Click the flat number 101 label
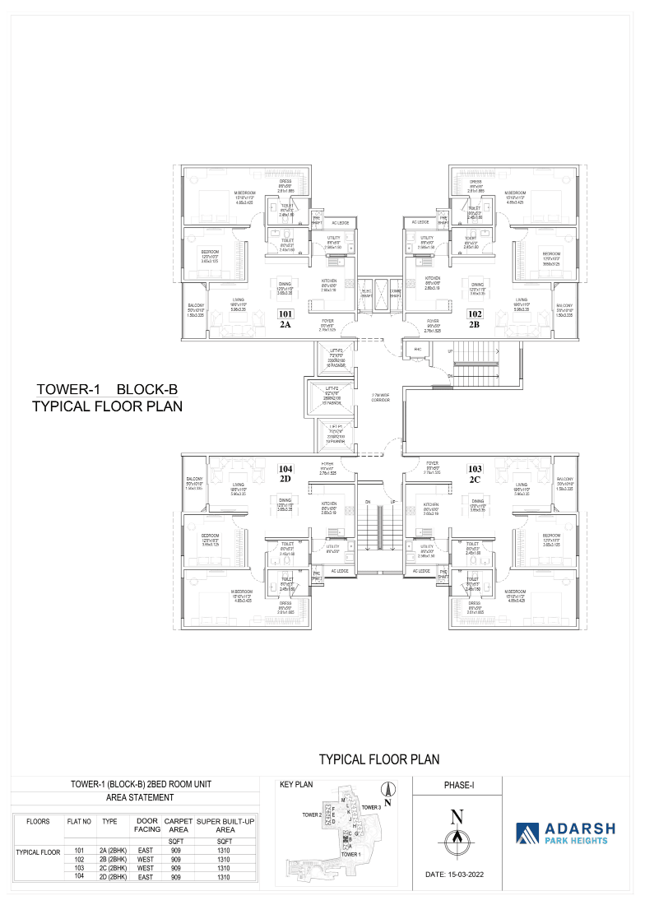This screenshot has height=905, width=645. tap(285, 313)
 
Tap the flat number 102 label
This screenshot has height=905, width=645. tap(475, 313)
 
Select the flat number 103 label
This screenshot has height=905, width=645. tap(475, 468)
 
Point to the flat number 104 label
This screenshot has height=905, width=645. tap(285, 468)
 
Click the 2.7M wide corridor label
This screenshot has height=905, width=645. tap(380, 397)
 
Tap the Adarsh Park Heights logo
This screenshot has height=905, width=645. tap(564, 833)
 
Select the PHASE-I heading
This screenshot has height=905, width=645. tap(458, 786)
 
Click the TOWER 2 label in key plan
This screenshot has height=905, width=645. tap(311, 814)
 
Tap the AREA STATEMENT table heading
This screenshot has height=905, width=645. tap(140, 797)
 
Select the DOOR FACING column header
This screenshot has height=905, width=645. tap(147, 825)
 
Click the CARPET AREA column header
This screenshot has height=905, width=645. tap(178, 825)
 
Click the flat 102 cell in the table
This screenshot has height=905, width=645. tap(80, 859)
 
